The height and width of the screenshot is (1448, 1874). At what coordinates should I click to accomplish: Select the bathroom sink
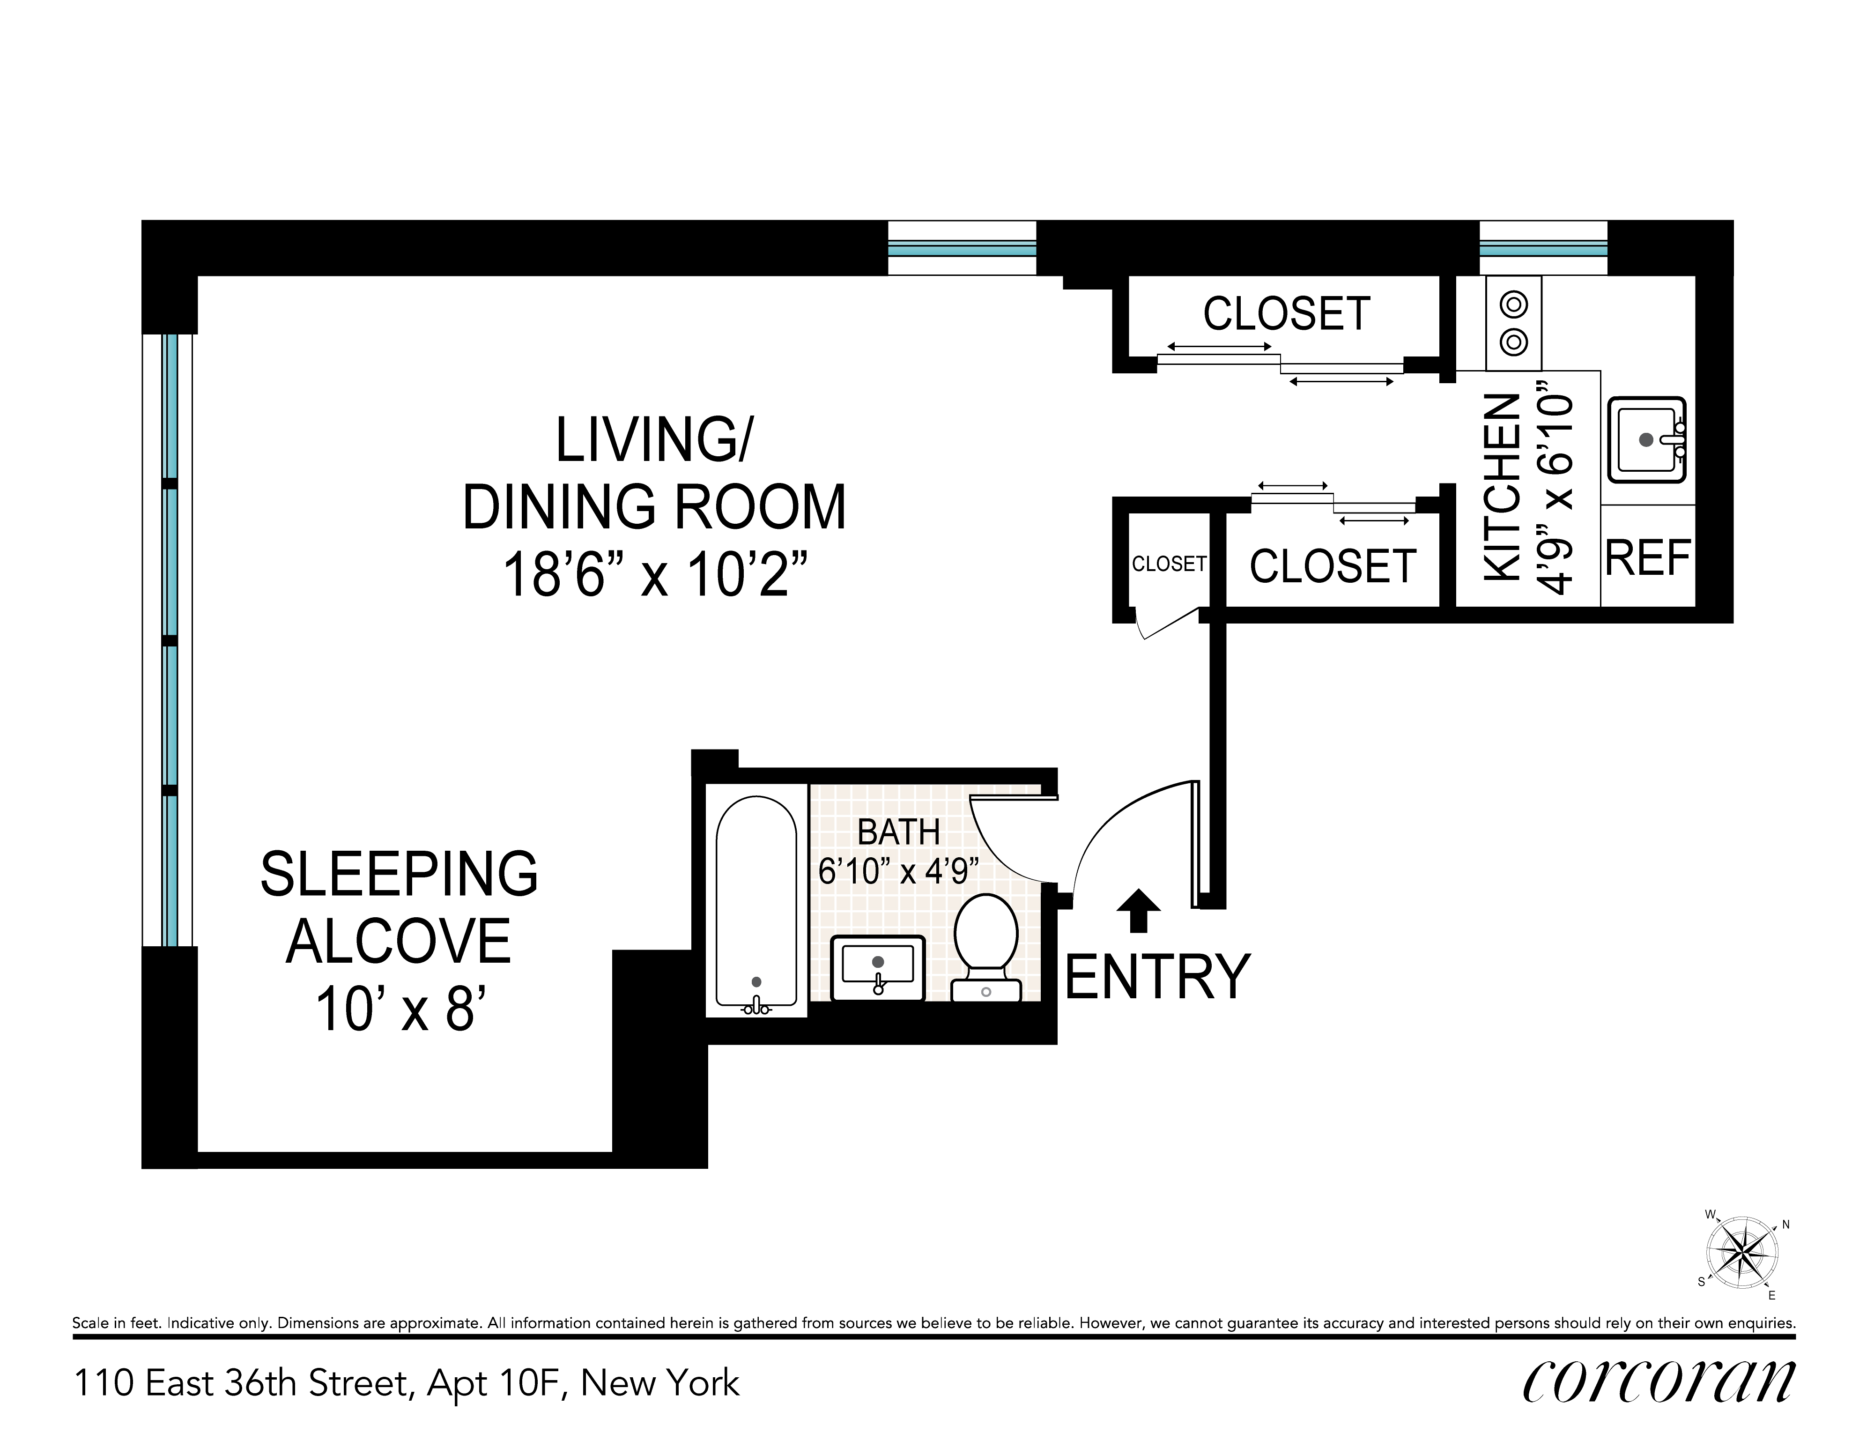click(x=878, y=968)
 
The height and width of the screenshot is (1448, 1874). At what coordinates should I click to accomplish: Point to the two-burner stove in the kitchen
click(x=1514, y=323)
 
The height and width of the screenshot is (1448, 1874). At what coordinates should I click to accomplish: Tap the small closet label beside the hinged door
click(x=1169, y=564)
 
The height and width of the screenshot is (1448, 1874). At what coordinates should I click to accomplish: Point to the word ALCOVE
click(x=399, y=942)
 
